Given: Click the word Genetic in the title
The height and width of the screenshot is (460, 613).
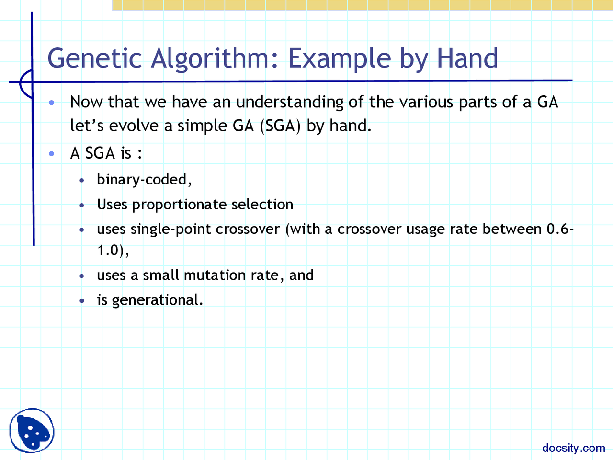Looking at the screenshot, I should click(94, 58).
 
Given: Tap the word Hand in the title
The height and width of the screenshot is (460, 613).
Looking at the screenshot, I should click(467, 58).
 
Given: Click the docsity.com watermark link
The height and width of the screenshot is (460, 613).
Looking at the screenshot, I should click(573, 448).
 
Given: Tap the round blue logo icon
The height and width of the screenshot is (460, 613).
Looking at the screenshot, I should click(32, 430).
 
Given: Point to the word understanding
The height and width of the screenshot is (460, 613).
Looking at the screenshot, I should click(289, 102).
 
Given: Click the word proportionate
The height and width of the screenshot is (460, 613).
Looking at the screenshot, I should click(179, 205).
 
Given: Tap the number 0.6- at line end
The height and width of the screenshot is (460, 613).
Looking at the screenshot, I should click(560, 229).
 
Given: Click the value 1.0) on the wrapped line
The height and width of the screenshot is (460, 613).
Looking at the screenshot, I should click(111, 250).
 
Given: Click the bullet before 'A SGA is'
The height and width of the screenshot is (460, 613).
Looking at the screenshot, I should click(52, 153).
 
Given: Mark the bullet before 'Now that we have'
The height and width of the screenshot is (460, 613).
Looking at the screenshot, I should click(52, 102).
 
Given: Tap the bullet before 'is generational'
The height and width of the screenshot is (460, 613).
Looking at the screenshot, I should click(82, 300).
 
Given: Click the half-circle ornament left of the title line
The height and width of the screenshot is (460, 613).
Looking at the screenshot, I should click(25, 82).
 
